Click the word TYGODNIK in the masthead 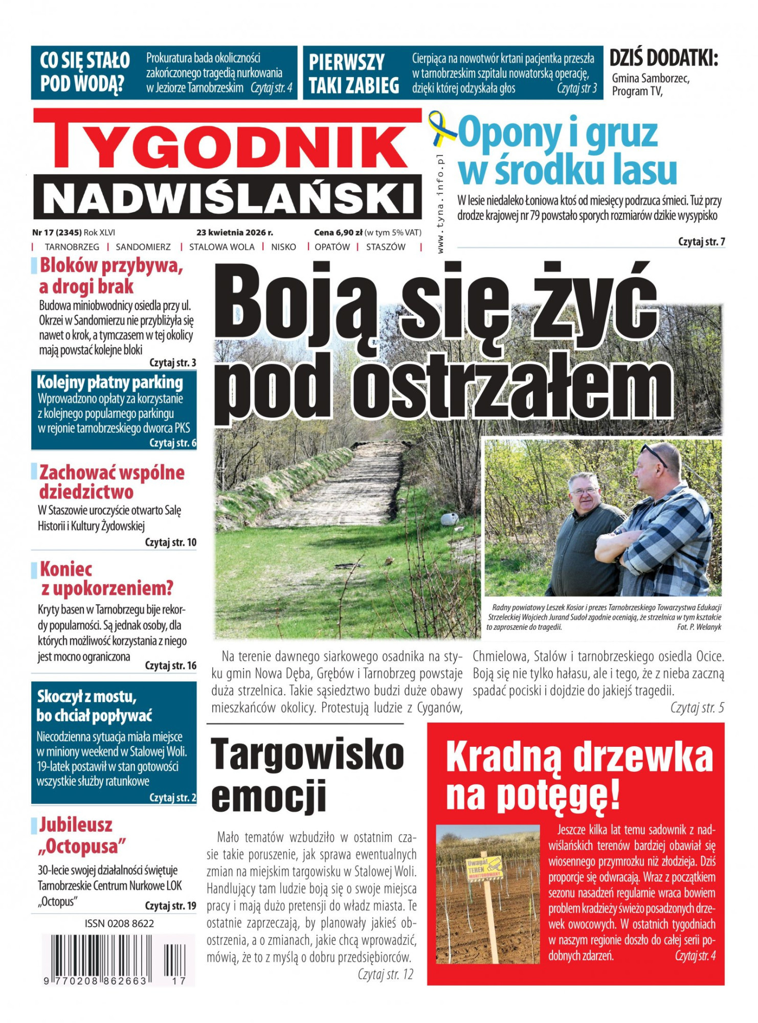228,146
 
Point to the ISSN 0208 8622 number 119,923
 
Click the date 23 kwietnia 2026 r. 235,232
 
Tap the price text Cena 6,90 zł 338,232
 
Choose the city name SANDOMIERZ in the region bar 143,247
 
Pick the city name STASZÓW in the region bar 386,247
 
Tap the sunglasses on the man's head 655,454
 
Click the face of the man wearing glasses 585,492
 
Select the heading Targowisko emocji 307,774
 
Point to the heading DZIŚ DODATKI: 664,59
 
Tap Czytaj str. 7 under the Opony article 701,241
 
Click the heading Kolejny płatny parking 110,382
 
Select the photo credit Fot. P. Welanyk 699,627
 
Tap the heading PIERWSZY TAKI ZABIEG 353,74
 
